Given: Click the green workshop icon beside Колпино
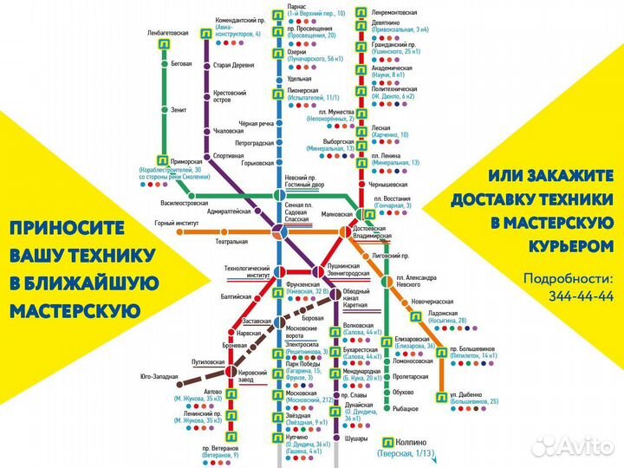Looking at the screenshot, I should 386,441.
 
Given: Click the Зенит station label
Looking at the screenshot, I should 179,110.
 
